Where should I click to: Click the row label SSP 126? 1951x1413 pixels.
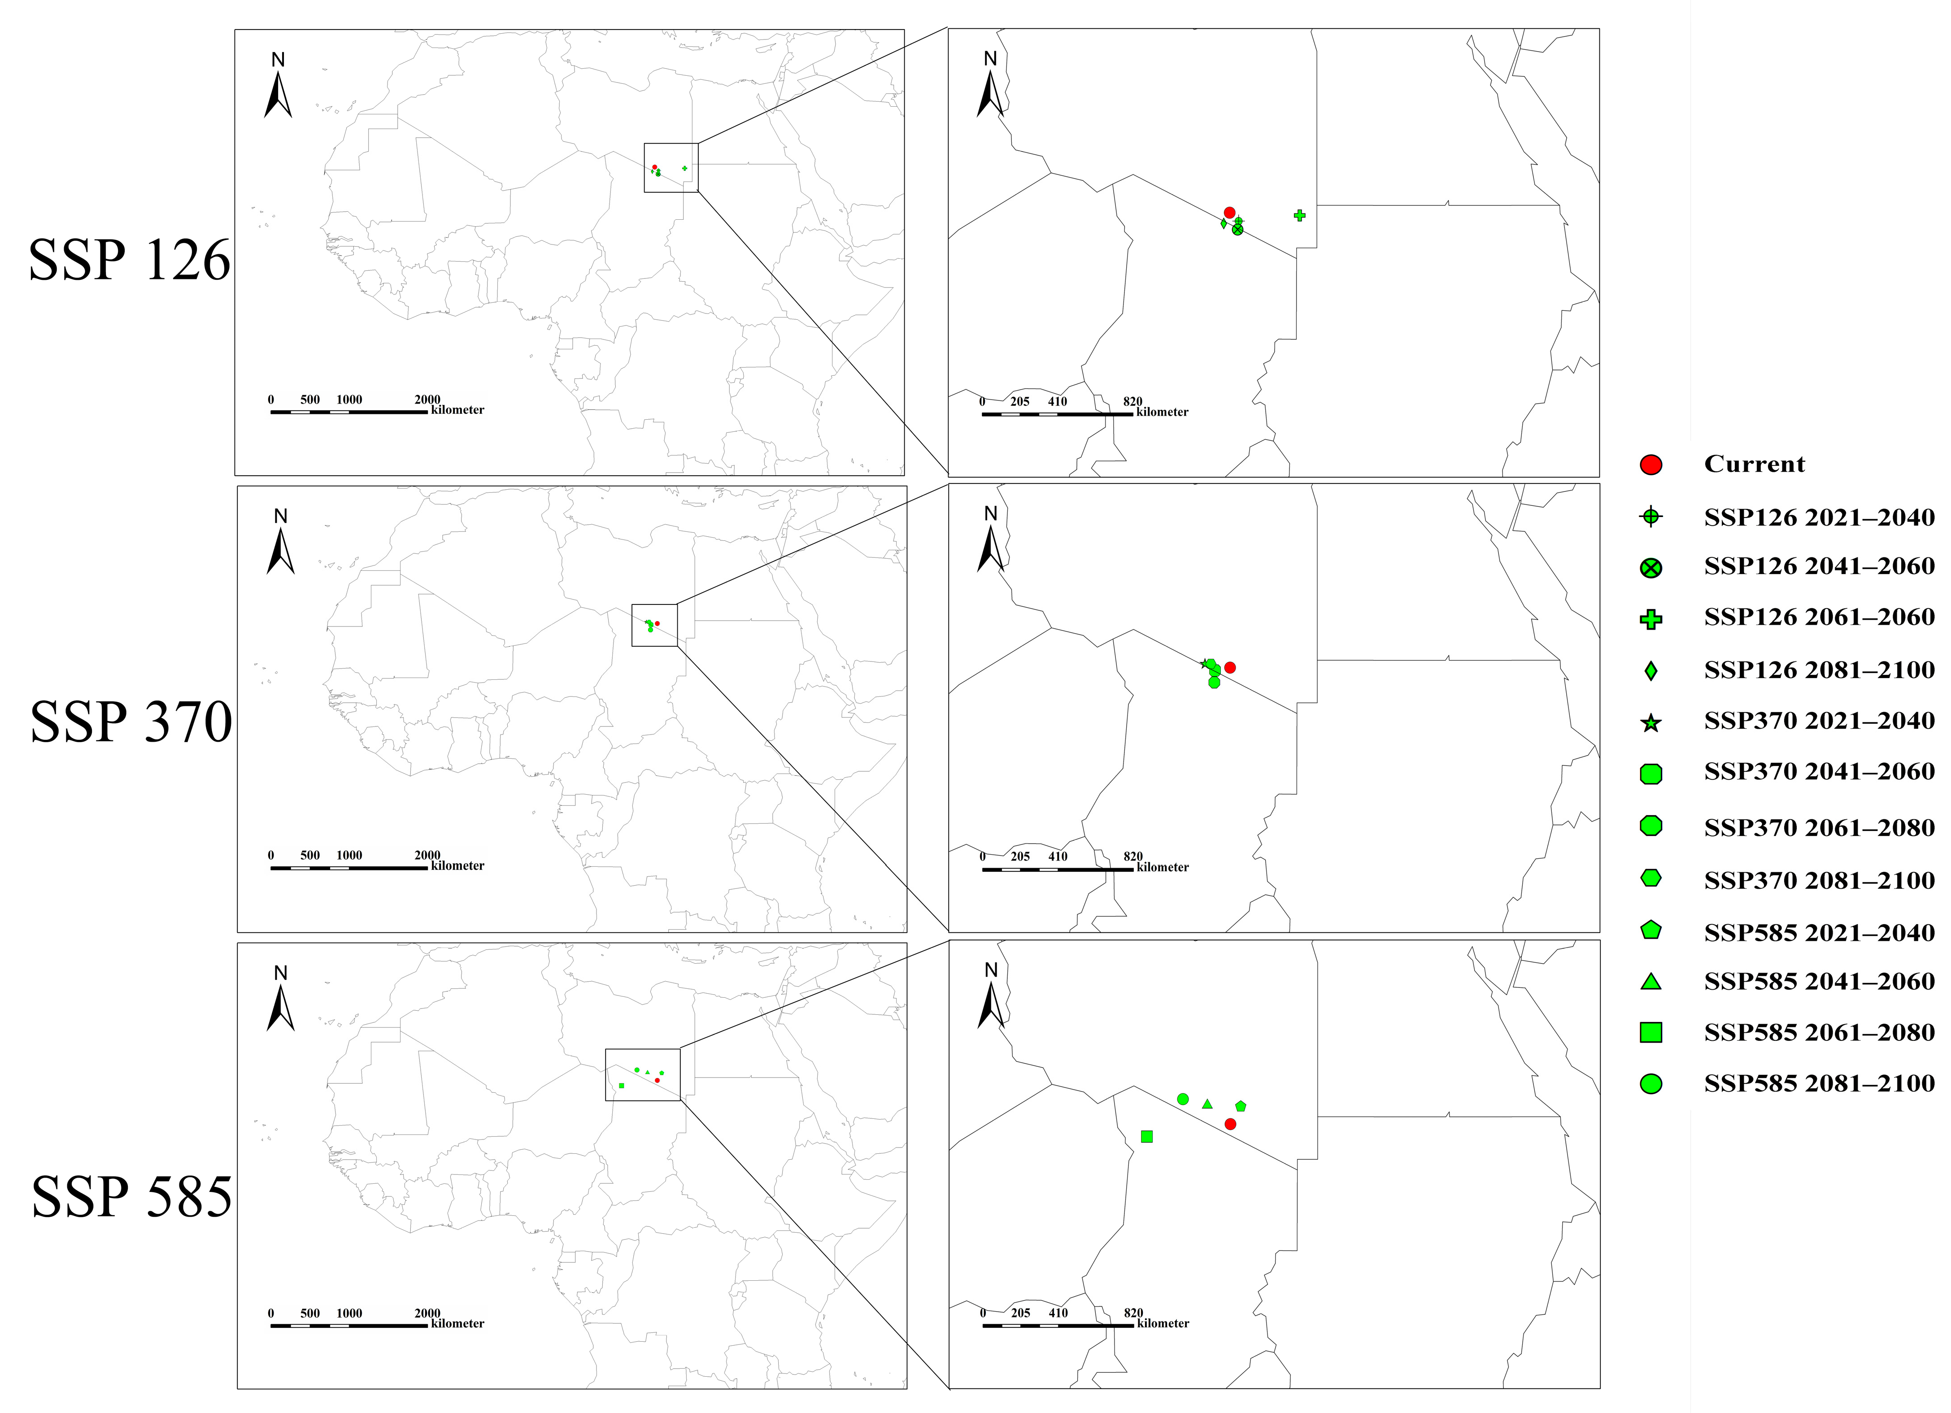130,260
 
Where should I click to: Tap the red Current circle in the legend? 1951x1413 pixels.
1650,465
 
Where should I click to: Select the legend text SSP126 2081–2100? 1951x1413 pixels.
1819,670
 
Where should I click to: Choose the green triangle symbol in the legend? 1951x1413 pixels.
1650,981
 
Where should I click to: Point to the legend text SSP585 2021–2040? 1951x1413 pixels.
1819,932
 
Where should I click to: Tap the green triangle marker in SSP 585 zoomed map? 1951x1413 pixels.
1207,1104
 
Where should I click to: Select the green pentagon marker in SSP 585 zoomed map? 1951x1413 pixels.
1241,1106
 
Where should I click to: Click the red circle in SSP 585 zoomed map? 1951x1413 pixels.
1230,1124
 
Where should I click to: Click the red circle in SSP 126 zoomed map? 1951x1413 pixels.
1229,213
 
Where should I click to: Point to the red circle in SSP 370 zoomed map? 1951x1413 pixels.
1230,667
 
